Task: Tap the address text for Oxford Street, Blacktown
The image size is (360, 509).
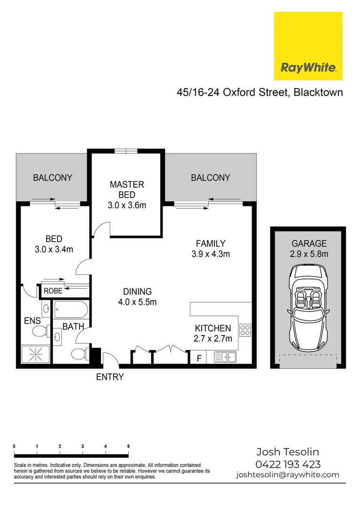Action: (260, 92)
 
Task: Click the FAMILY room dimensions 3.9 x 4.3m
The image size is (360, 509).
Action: (210, 254)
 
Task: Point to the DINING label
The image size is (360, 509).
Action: (137, 291)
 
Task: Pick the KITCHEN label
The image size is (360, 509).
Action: (213, 328)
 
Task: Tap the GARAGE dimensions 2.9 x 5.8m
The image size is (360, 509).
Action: (309, 254)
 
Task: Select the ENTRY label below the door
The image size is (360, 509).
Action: (110, 377)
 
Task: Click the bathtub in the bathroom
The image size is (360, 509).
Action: (70, 310)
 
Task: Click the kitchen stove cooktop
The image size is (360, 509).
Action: (245, 330)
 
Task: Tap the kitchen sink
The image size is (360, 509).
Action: (225, 358)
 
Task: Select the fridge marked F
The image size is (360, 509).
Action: (199, 358)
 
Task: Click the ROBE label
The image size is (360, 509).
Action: (53, 291)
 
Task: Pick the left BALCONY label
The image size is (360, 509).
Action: (52, 178)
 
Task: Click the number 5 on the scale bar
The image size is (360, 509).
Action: (128, 446)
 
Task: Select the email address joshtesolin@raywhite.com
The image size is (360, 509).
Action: (287, 475)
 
